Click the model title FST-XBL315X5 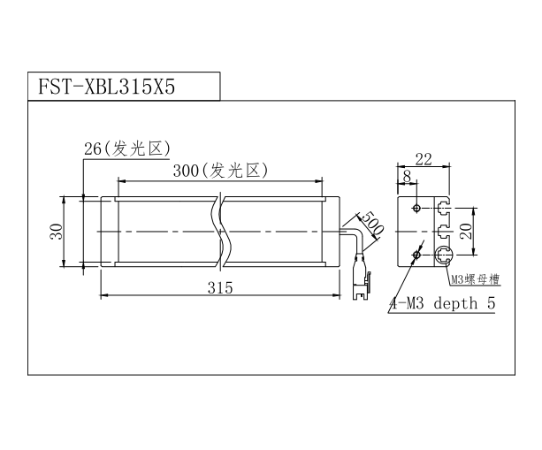pyautogui.click(x=106, y=87)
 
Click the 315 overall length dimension pyautogui.click(x=220, y=287)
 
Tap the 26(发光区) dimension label pyautogui.click(x=127, y=149)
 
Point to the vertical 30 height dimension pyautogui.click(x=57, y=232)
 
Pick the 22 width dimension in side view pyautogui.click(x=424, y=159)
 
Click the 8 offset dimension pyautogui.click(x=408, y=176)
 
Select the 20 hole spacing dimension pyautogui.click(x=466, y=232)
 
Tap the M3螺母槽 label pyautogui.click(x=476, y=279)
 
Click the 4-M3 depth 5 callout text pyautogui.click(x=442, y=303)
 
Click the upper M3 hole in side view pyautogui.click(x=416, y=208)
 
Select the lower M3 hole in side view pyautogui.click(x=416, y=256)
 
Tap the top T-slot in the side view pyautogui.click(x=442, y=208)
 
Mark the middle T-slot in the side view pyautogui.click(x=442, y=232)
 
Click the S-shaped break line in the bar pyautogui.click(x=220, y=232)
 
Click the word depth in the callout pyautogui.click(x=455, y=304)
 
